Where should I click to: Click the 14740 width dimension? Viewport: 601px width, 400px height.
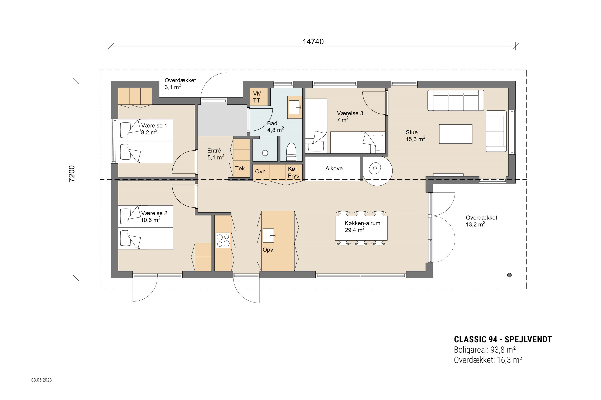pos(313,42)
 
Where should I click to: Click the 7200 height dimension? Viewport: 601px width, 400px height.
pos(72,174)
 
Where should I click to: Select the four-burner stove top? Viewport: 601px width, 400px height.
pos(223,240)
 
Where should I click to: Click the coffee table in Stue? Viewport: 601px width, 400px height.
pos(456,134)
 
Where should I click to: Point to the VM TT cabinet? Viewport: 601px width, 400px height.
pos(259,97)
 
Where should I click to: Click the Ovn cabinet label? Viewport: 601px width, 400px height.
pos(260,171)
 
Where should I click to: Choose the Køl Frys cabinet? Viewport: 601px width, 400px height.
pos(294,172)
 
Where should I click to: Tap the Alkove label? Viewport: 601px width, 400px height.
pos(334,168)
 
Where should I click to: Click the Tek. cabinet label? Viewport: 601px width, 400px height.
pos(241,168)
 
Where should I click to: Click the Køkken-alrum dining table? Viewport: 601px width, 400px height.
pos(361,228)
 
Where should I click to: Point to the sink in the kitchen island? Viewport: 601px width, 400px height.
pos(268,235)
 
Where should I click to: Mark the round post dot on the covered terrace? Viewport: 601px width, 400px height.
pos(509,275)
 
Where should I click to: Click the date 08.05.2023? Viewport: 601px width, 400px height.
pos(41,380)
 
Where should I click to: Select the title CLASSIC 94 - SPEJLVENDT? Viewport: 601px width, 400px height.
pos(503,339)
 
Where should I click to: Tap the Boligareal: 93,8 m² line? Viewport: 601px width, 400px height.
pos(485,350)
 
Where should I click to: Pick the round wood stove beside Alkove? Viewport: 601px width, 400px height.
pos(378,170)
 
